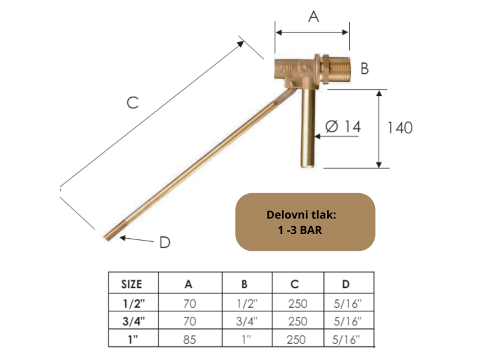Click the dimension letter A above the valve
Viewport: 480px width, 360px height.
tap(313, 17)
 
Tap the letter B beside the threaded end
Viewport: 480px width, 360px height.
tap(364, 69)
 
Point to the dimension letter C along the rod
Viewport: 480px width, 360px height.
tap(133, 103)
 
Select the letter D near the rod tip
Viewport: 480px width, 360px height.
tap(165, 243)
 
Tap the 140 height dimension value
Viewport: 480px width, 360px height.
tap(400, 128)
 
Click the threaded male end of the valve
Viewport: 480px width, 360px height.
tap(340, 70)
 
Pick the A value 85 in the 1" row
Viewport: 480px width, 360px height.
tap(190, 339)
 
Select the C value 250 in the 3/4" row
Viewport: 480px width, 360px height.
tap(298, 321)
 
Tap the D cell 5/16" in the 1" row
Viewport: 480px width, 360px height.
tap(348, 339)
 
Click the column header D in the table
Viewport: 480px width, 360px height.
tap(348, 283)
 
